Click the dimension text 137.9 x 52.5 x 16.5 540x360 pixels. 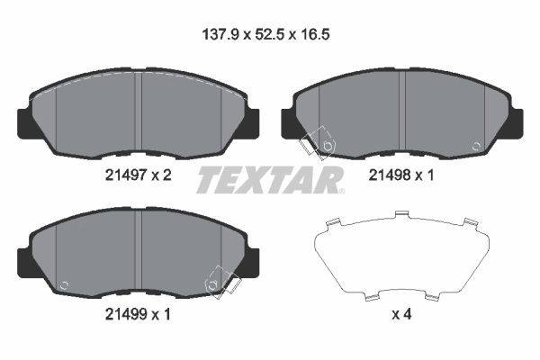tap(268, 37)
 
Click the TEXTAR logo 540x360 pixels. tap(270, 179)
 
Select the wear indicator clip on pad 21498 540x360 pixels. tap(316, 145)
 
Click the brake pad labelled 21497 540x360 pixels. tap(139, 112)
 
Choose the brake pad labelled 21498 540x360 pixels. tap(403, 112)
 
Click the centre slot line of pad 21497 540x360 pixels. tap(140, 112)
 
